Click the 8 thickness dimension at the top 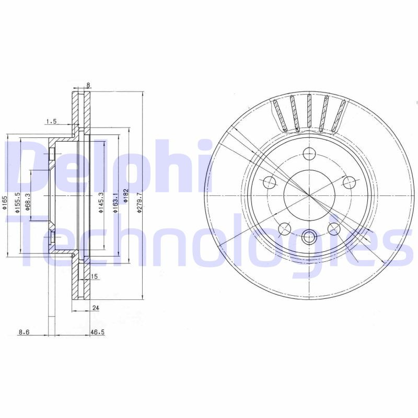point(89,85)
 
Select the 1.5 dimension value point(51,122)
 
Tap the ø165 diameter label point(5,202)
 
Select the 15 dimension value point(95,276)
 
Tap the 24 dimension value point(95,308)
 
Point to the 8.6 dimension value point(24,331)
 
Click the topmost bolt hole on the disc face point(309,154)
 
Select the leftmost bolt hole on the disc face point(270,182)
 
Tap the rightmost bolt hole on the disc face point(349,182)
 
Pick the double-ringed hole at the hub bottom point(309,238)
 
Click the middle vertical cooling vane point(309,112)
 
